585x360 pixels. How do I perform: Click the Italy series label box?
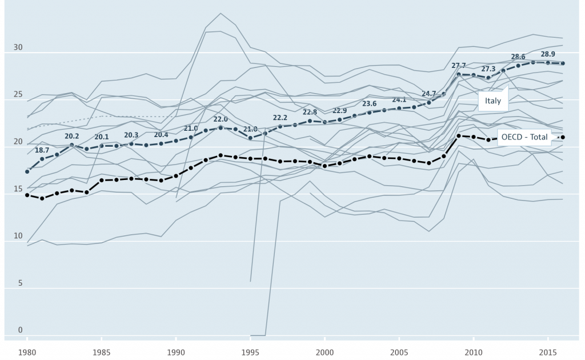492,101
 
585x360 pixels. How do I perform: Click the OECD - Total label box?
523,137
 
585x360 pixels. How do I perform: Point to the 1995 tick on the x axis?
250,352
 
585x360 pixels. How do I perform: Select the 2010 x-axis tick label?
474,352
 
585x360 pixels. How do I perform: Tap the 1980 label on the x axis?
27,352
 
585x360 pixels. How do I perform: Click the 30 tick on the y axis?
18,47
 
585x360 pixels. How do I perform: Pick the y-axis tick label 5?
20,283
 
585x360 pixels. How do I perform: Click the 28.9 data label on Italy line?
548,54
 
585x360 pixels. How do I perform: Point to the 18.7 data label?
42,149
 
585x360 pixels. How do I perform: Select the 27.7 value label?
459,66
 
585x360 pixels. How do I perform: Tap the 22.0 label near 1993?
221,119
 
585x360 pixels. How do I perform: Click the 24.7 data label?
429,93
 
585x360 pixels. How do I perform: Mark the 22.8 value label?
310,113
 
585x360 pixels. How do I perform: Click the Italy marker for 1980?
27,171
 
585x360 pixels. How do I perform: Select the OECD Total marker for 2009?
459,136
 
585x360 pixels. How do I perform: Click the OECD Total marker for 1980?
27,195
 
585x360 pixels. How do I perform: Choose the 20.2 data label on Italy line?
72,136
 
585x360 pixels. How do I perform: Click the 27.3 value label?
488,69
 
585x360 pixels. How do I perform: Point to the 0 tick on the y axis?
20,330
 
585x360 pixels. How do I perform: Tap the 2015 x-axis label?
548,352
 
